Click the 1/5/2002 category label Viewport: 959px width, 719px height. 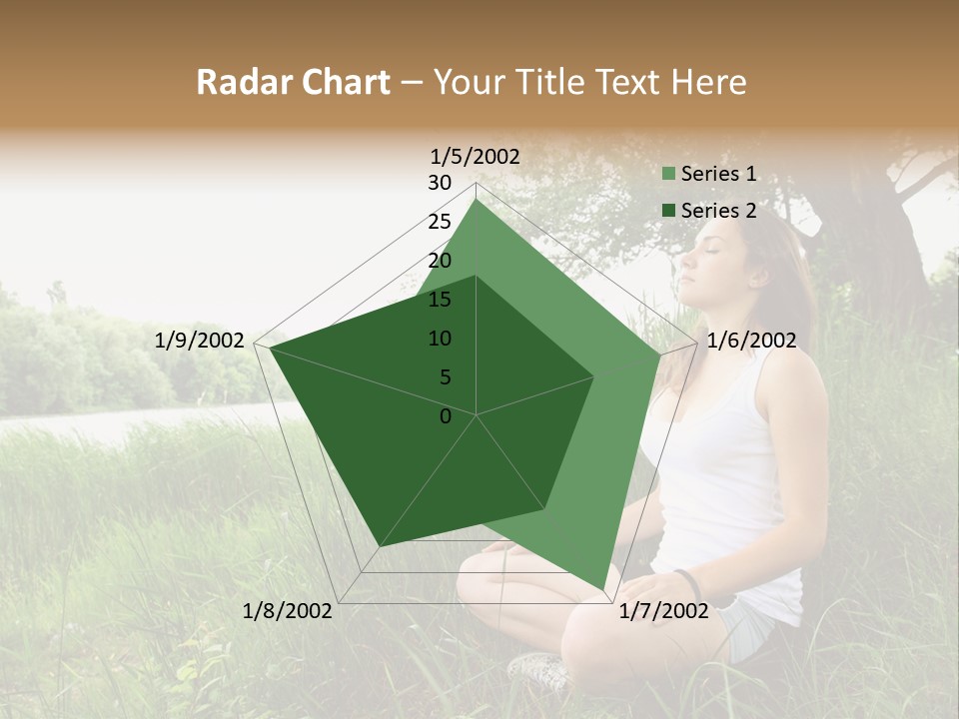point(475,156)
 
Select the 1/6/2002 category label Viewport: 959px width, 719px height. point(751,341)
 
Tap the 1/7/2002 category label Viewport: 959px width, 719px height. point(663,610)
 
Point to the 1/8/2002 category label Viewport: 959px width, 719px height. point(288,610)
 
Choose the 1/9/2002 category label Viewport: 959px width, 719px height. point(200,341)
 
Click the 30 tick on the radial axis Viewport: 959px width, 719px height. point(440,183)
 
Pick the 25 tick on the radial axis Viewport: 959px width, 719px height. point(440,222)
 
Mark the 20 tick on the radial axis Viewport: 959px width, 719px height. point(440,261)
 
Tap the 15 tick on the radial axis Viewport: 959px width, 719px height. point(440,300)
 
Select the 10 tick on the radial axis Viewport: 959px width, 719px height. point(440,339)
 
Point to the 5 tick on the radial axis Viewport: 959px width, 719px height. point(445,377)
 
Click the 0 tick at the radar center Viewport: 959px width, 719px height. point(446,416)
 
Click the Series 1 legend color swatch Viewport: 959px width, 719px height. point(669,175)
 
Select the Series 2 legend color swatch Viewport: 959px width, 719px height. point(669,211)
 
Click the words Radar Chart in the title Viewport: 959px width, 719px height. point(293,83)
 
